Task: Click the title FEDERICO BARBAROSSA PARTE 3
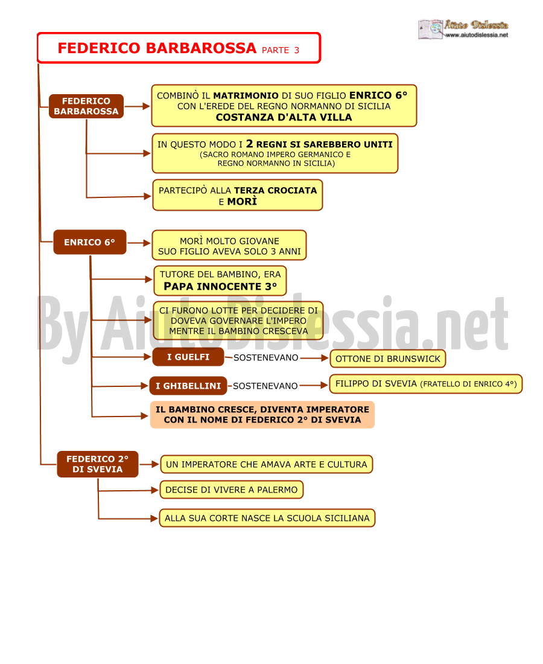coord(179,48)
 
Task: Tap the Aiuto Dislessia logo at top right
coord(463,29)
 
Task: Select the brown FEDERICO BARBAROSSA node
coord(86,106)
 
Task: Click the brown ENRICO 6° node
coord(90,242)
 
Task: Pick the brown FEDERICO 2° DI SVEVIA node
coord(98,464)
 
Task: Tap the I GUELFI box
coord(188,357)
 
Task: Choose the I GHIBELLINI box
coord(188,386)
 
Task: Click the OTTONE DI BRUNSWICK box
coord(388,359)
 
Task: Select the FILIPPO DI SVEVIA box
coord(426,384)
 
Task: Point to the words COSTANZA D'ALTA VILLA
coord(284,117)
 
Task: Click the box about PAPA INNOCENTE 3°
coord(220,281)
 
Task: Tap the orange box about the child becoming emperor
coord(262,415)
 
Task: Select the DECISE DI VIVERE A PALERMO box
coord(232,490)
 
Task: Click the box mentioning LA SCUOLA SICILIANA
coord(267,518)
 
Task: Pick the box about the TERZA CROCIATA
coord(238,195)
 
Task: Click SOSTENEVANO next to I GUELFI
coord(266,358)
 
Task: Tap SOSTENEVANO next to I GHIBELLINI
coord(265,386)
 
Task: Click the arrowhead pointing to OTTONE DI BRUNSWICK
coord(325,358)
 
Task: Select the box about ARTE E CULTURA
coord(267,464)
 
